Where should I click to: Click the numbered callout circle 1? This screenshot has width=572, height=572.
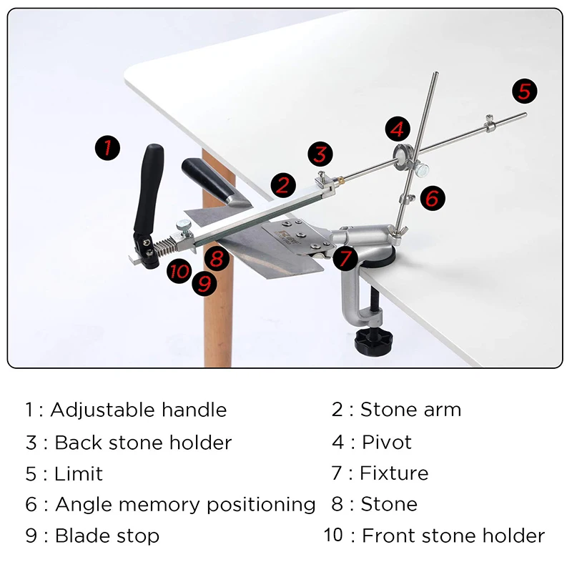107,148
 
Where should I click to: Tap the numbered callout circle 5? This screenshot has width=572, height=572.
524,91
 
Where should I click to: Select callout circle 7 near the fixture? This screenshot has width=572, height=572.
345,257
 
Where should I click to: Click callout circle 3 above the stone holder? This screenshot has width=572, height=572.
320,154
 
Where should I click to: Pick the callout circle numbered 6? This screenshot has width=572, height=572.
431,197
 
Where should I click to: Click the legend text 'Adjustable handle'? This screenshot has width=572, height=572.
138,410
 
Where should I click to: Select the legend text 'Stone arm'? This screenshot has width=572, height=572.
410,410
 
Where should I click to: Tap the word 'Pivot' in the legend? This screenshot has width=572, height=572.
387,442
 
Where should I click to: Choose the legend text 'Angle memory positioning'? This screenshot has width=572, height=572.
185,504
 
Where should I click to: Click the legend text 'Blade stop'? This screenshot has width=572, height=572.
107,536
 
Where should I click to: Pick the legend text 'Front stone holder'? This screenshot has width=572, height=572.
453,536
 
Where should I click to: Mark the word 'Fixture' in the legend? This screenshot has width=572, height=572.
394,473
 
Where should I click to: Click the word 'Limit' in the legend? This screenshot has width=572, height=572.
79,473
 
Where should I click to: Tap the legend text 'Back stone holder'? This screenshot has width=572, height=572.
143,442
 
